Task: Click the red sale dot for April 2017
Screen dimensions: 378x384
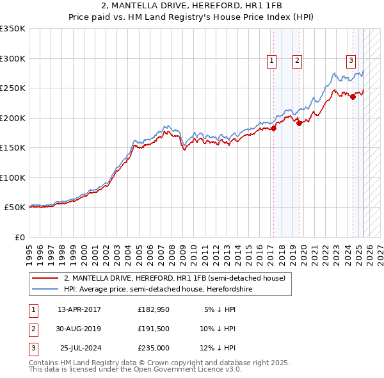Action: (x=273, y=128)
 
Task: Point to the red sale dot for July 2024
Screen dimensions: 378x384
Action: (x=353, y=97)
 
